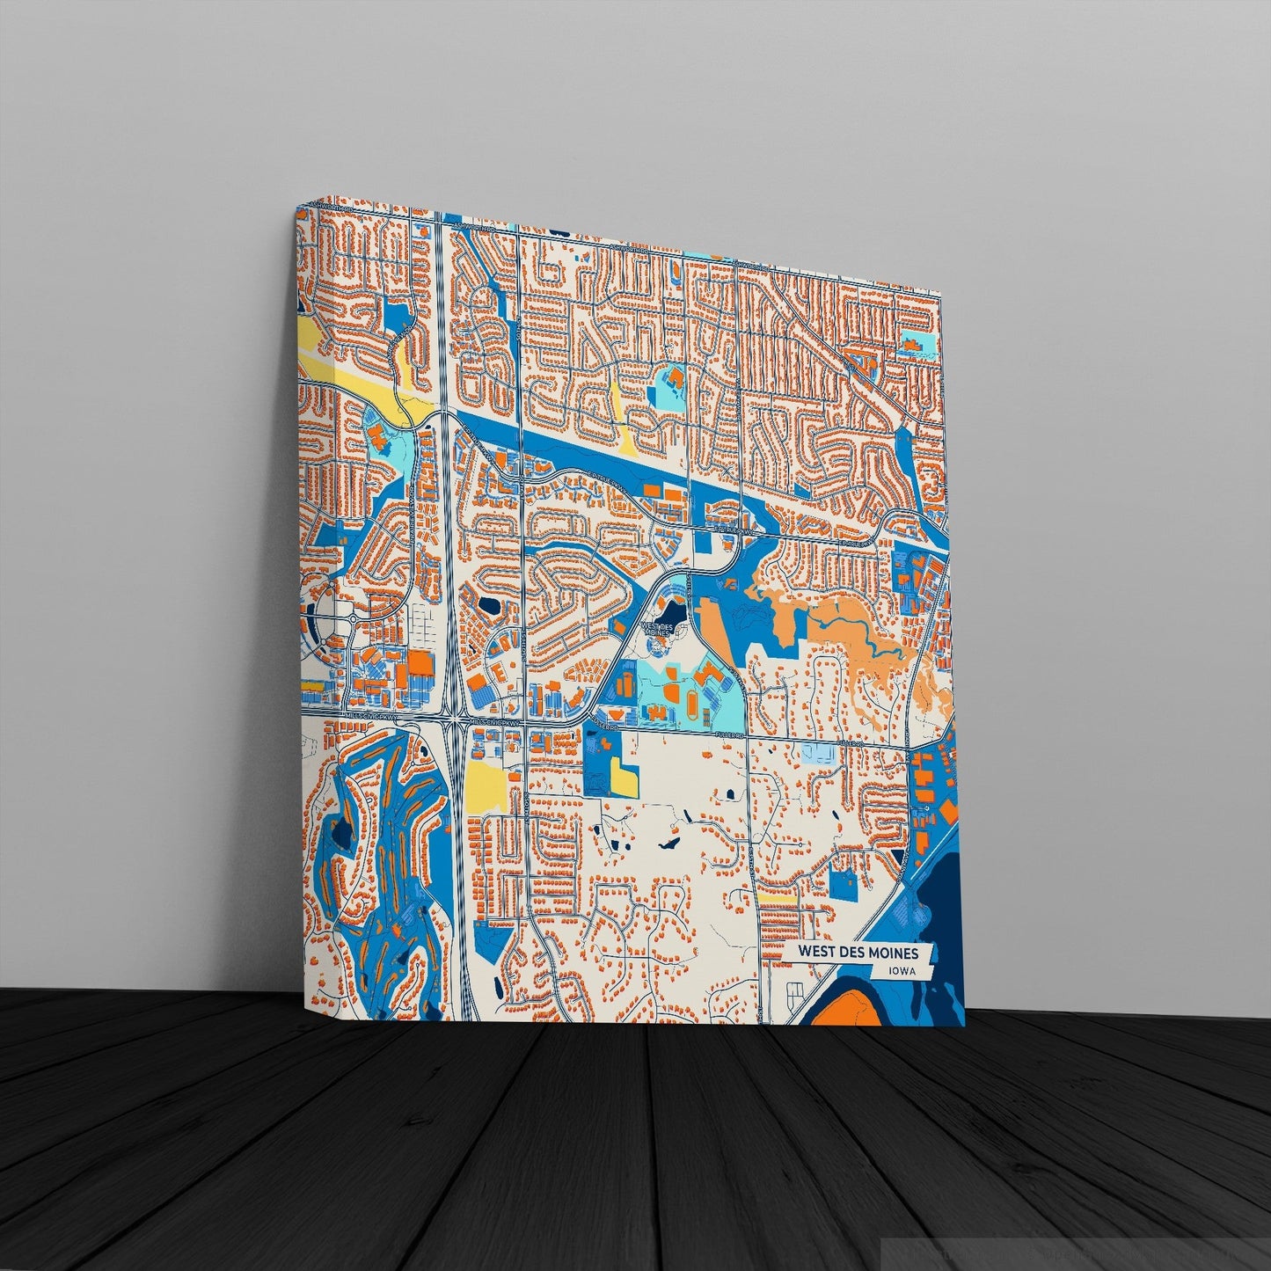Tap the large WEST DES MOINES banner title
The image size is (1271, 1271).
[858, 953]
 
